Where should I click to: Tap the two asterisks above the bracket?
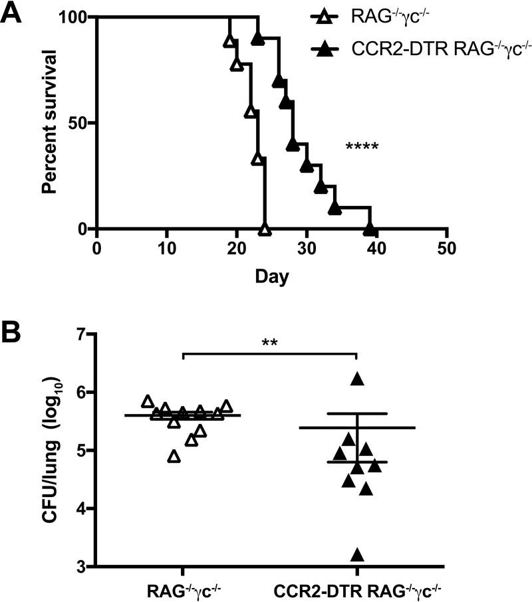pyautogui.click(x=269, y=344)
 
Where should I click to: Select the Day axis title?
pyautogui.click(x=271, y=275)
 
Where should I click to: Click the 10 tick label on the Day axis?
pyautogui.click(x=166, y=249)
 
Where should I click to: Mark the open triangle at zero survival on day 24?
pyautogui.click(x=265, y=230)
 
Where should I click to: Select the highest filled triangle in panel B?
pyautogui.click(x=358, y=379)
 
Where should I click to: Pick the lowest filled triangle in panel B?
pyautogui.click(x=358, y=555)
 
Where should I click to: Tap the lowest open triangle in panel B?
pyautogui.click(x=174, y=456)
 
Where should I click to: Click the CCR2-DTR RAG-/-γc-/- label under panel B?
pyautogui.click(x=357, y=590)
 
